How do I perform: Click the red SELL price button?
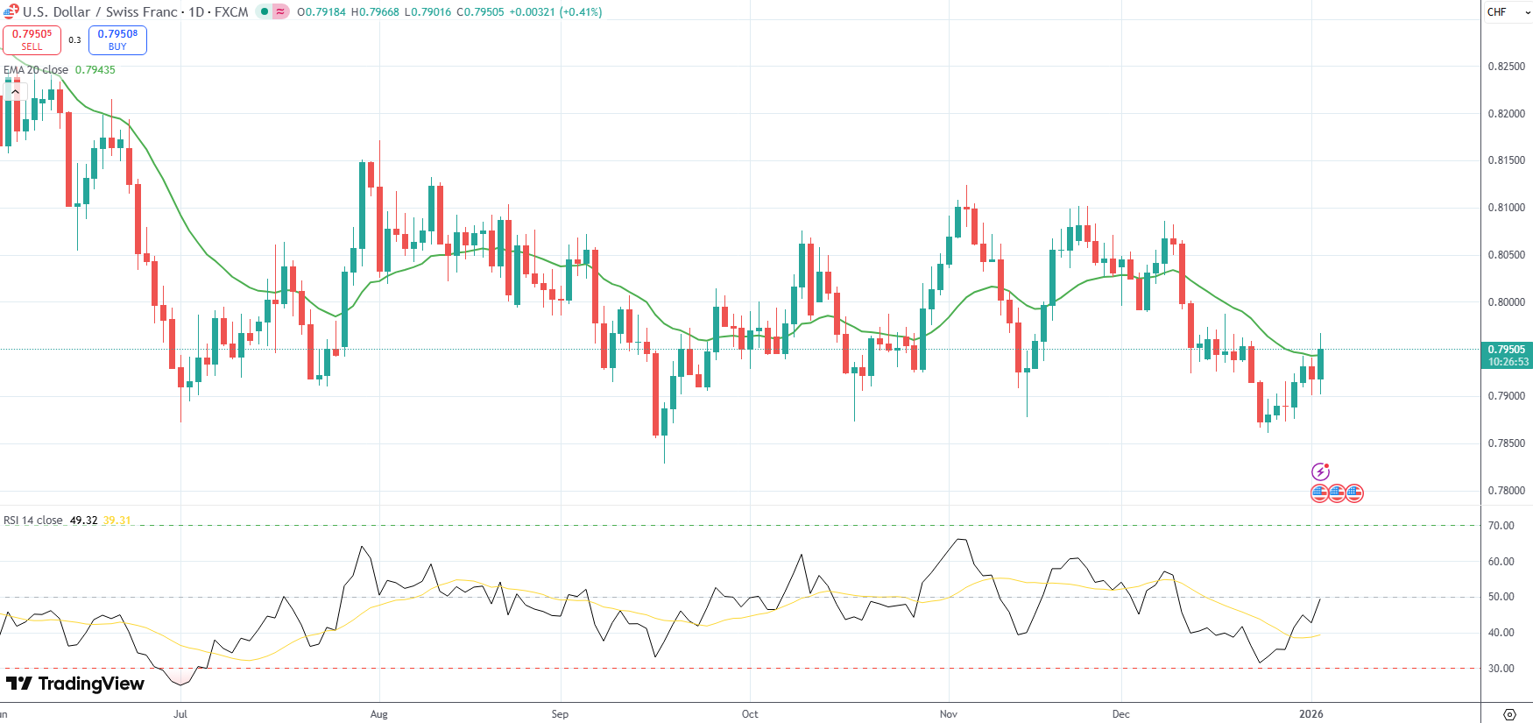[32, 39]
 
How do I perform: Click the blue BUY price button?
[117, 39]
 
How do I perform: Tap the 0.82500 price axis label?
[1506, 67]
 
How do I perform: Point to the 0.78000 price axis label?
[1506, 491]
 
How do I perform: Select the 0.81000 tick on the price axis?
[1506, 208]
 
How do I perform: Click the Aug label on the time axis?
[378, 714]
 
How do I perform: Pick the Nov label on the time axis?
[948, 714]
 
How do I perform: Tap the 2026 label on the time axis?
[1310, 714]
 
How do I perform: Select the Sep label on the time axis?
[560, 714]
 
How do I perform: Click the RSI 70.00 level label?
[1501, 526]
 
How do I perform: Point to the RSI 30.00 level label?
[1501, 669]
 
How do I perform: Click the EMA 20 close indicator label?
[36, 70]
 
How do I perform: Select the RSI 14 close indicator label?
[33, 521]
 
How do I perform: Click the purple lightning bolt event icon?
[1320, 471]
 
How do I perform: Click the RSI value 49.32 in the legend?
[83, 521]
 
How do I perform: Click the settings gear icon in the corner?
[1508, 714]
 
